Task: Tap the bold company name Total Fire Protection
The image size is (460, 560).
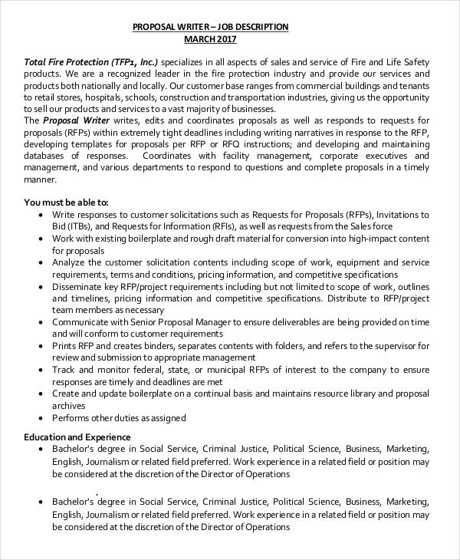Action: [x=67, y=61]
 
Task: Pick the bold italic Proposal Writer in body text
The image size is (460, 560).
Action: [x=77, y=120]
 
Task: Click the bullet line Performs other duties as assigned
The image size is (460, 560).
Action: [x=119, y=418]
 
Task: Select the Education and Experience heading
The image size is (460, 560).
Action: [x=77, y=436]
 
